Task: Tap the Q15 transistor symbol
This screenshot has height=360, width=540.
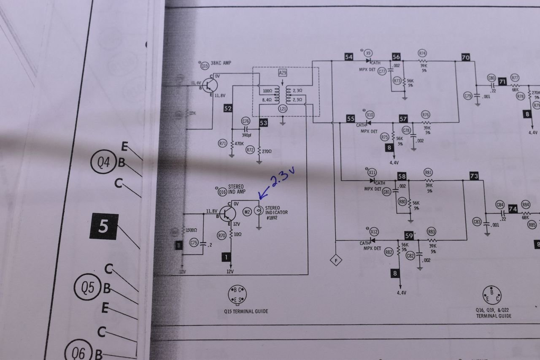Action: (x=209, y=85)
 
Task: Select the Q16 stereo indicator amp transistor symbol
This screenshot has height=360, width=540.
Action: (x=228, y=214)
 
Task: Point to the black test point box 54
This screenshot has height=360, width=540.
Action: (x=349, y=57)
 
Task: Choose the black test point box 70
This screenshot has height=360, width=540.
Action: (x=466, y=57)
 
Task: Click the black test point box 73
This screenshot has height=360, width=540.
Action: (x=474, y=176)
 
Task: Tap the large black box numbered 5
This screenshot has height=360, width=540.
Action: (x=104, y=227)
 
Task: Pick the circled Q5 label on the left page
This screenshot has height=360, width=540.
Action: (x=87, y=288)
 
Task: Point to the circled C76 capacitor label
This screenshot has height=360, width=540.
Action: (x=246, y=121)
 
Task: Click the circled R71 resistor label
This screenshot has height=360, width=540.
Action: (x=223, y=143)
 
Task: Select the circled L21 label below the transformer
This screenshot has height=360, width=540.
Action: (x=283, y=109)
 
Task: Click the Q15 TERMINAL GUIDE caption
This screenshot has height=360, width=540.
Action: (x=246, y=311)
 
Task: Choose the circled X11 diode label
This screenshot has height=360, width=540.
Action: (x=372, y=172)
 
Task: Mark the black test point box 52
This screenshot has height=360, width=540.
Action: (x=228, y=108)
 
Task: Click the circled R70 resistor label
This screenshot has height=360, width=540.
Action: (x=222, y=235)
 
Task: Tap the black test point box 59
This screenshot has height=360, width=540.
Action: (x=409, y=236)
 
